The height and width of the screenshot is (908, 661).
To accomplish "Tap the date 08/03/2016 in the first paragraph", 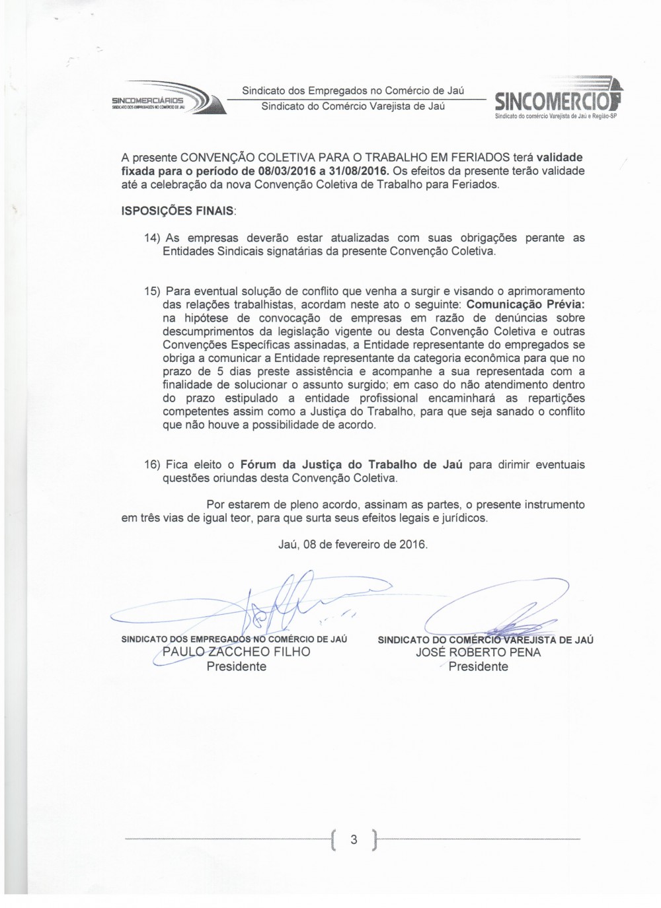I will pyautogui.click(x=294, y=171).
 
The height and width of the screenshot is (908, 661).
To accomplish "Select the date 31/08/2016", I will pyautogui.click(x=358, y=171).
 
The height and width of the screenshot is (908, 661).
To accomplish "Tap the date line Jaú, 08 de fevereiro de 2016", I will pyautogui.click(x=354, y=545).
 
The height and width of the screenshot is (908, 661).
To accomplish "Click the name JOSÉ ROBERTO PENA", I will pyautogui.click(x=479, y=652).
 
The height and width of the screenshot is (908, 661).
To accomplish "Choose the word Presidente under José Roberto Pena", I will pyautogui.click(x=479, y=666).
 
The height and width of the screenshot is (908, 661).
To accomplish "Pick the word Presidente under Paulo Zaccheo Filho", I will pyautogui.click(x=236, y=666).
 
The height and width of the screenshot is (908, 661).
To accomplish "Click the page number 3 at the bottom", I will pyautogui.click(x=354, y=840).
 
